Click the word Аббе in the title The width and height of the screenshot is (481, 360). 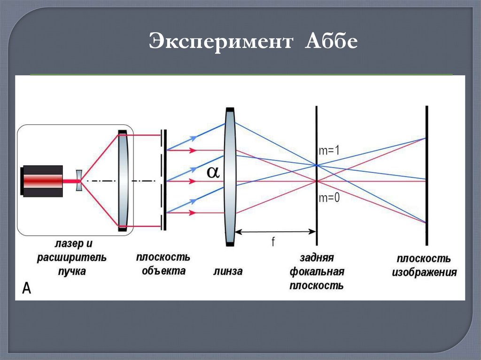[x=332, y=42]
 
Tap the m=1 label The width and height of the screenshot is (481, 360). [x=329, y=151]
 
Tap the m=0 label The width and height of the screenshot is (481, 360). [x=329, y=198]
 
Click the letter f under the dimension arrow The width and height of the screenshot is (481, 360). [x=273, y=241]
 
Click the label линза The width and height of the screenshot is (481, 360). [x=228, y=271]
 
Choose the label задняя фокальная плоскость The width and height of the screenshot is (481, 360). [x=317, y=272]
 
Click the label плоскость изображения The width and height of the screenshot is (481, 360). [x=425, y=266]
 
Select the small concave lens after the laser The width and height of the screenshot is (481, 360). [x=78, y=181]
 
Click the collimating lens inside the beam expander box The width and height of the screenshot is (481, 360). [x=123, y=181]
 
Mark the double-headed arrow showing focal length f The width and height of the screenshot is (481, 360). [x=275, y=231]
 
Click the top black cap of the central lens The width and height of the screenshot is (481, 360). [x=230, y=109]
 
